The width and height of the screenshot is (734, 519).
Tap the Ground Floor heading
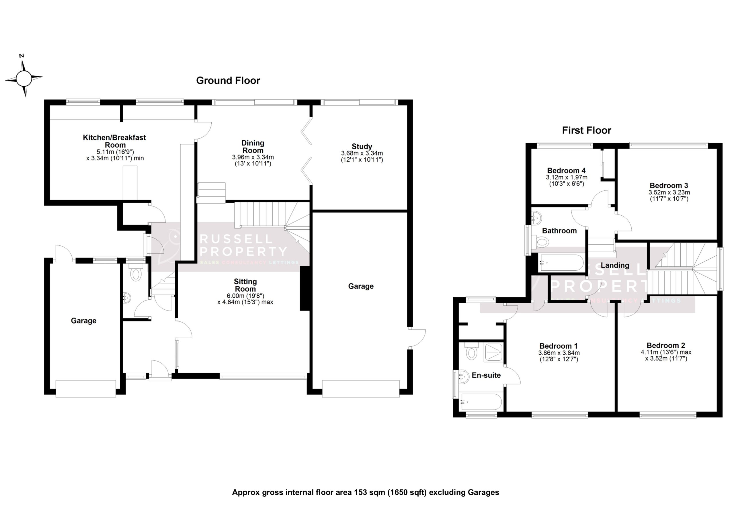[228, 81]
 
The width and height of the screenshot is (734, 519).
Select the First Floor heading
[587, 130]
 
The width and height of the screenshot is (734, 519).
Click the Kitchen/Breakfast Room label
[114, 141]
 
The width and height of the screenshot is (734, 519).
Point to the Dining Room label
[253, 147]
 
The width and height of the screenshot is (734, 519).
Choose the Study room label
[362, 147]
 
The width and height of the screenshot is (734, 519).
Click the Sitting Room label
[245, 285]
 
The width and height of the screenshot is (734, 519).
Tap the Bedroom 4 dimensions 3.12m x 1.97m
[567, 177]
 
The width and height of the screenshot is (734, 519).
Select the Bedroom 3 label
[669, 186]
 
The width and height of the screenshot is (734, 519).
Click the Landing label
[615, 266]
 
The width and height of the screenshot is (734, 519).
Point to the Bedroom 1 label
[559, 346]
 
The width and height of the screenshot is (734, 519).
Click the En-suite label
[486, 375]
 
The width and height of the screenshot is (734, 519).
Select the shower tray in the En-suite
[493, 353]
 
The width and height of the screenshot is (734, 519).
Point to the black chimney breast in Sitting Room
[305, 288]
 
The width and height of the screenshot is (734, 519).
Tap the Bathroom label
[559, 231]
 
